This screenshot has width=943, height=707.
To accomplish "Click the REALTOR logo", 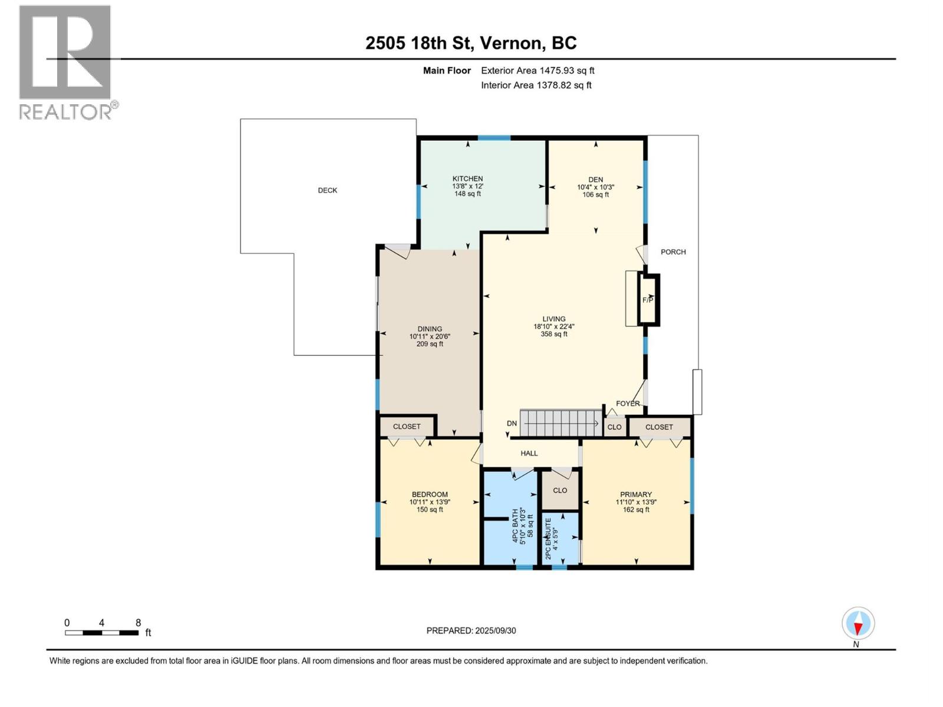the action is tap(68, 62).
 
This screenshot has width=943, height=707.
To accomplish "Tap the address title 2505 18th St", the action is tap(418, 43).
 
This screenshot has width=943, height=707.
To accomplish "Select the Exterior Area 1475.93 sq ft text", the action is tap(538, 70).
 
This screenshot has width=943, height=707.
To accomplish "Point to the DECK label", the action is tap(327, 190).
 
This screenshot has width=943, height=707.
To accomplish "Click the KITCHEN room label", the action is tap(467, 179).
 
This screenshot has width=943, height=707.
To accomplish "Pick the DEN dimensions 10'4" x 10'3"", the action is tap(595, 187).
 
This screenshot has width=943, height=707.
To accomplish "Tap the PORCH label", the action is tap(673, 252).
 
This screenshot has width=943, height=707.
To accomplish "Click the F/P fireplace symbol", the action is tap(648, 300).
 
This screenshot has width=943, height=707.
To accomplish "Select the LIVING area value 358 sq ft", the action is tap(554, 334).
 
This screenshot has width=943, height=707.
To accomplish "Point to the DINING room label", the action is tap(430, 329).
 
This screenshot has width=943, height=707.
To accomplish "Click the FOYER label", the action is tap(628, 404).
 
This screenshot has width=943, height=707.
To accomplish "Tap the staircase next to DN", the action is tap(561, 423).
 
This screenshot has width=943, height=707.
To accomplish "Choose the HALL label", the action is tap(529, 453).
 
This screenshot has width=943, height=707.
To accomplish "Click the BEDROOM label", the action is tap(430, 494).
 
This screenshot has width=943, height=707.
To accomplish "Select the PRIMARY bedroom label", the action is tap(636, 494).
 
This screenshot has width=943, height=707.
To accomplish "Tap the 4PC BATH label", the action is tap(516, 526).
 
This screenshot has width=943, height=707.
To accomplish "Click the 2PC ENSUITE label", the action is tap(548, 538).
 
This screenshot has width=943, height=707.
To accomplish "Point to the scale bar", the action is tap(102, 633).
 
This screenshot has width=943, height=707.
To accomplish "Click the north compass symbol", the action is tap(858, 624).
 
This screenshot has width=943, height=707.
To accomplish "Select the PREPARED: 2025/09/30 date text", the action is tap(471, 630).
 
